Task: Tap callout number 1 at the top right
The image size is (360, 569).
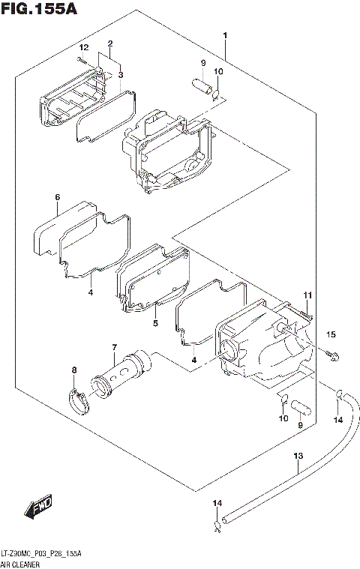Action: [224, 35]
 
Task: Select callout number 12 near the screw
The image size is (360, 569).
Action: [84, 48]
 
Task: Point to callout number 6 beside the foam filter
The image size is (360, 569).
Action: [57, 198]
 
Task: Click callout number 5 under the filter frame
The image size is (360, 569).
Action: [155, 323]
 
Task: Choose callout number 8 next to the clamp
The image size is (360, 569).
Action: [74, 371]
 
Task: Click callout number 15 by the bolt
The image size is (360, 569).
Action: [331, 334]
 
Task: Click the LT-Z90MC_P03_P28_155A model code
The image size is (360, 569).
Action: [41, 553]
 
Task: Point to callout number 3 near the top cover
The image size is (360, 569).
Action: [120, 74]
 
